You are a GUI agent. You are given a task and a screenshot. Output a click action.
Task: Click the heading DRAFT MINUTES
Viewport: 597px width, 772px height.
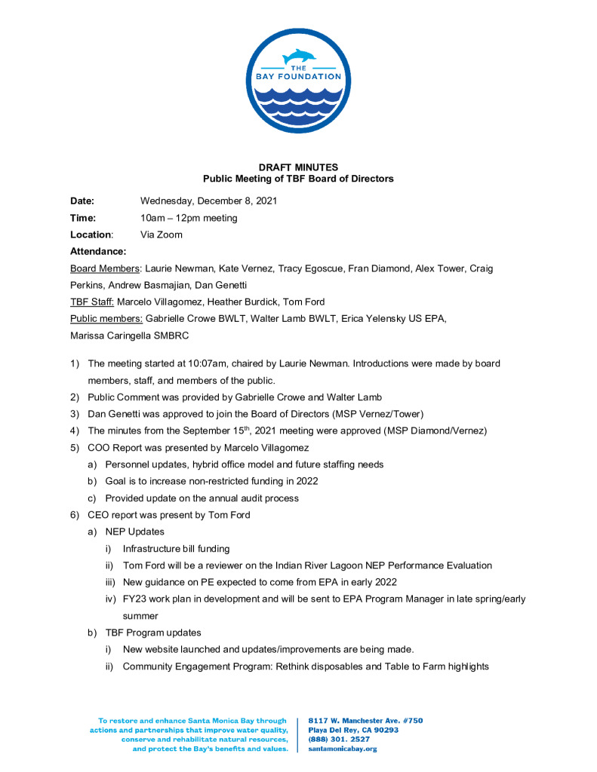pyautogui.click(x=298, y=167)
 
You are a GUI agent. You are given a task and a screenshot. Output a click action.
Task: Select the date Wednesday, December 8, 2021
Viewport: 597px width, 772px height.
pyautogui.click(x=209, y=201)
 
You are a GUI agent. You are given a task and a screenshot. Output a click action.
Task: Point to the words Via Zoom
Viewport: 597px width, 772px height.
pyautogui.click(x=162, y=234)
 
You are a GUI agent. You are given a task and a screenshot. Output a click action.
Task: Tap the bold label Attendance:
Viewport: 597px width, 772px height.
pyautogui.click(x=98, y=251)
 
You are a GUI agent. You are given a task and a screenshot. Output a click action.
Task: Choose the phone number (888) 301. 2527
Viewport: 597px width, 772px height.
pyautogui.click(x=340, y=740)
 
